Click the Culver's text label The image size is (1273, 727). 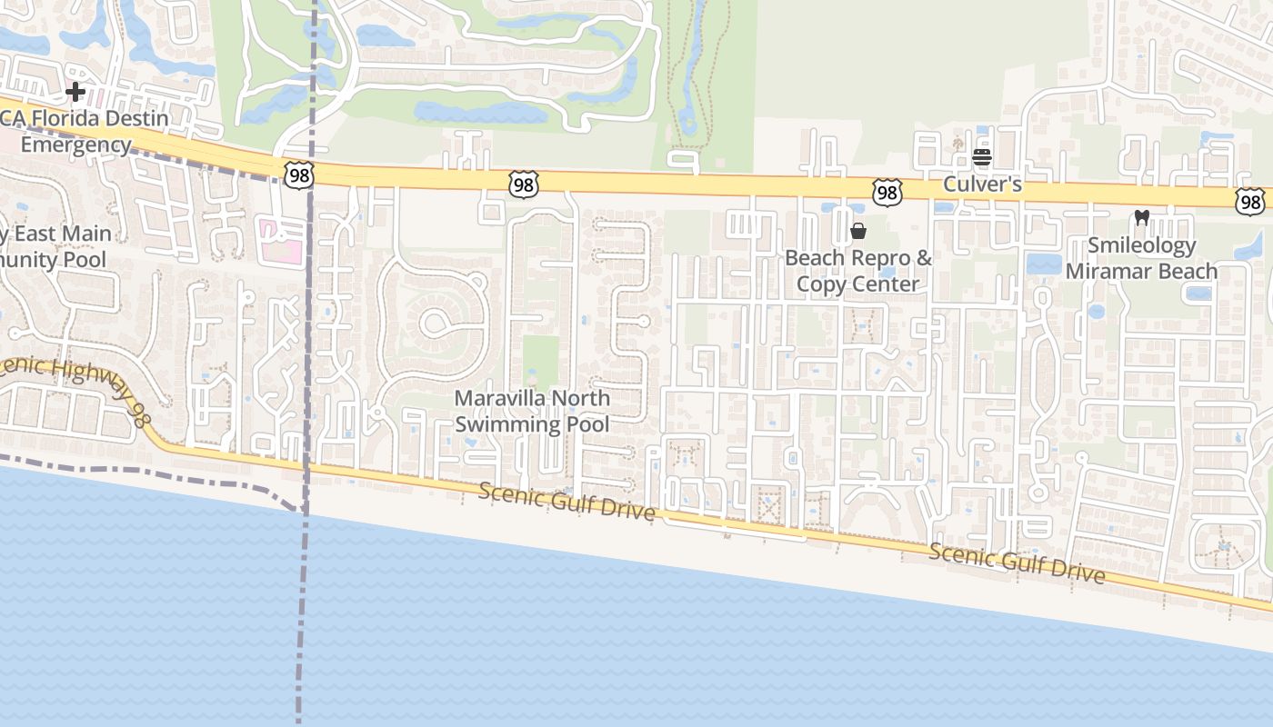pyautogui.click(x=982, y=184)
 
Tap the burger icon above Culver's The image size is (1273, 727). pyautogui.click(x=981, y=157)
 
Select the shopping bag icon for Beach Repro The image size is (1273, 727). pyautogui.click(x=857, y=231)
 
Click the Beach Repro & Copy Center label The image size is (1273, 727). pyautogui.click(x=858, y=271)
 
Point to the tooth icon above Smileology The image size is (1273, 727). pyautogui.click(x=1142, y=218)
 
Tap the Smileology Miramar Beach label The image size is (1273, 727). pyautogui.click(x=1142, y=258)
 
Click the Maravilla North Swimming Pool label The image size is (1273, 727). pyautogui.click(x=532, y=411)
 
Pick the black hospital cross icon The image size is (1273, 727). pyautogui.click(x=75, y=91)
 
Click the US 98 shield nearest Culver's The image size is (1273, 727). pyautogui.click(x=887, y=191)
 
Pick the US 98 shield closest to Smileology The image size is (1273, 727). pyautogui.click(x=1250, y=201)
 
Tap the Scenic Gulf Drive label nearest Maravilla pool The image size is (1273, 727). pyautogui.click(x=566, y=502)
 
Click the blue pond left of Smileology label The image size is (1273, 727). pyautogui.click(x=1043, y=264)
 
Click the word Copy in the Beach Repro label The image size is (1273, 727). pyautogui.click(x=825, y=284)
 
